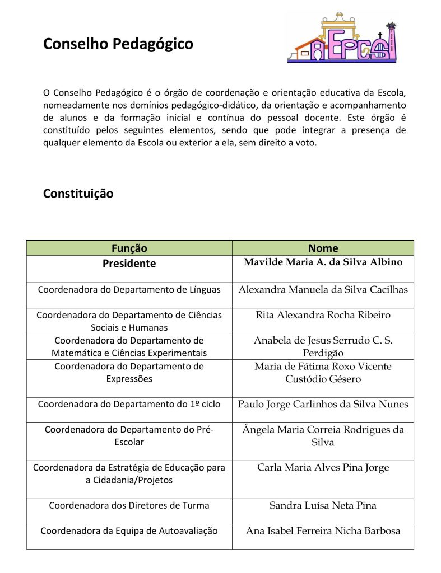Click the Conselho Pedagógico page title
[118, 44]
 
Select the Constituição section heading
[78, 194]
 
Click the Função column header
[129, 248]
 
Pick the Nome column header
[323, 248]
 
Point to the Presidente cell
[129, 263]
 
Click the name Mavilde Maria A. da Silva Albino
[323, 262]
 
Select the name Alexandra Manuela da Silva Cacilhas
[323, 290]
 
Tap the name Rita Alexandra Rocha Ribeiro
[323, 315]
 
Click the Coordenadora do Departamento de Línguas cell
[129, 290]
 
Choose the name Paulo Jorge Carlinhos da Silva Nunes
[323, 404]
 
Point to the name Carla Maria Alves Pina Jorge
[323, 468]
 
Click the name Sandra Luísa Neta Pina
[323, 506]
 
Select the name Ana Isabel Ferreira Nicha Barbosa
[323, 531]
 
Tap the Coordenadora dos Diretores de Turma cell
[129, 506]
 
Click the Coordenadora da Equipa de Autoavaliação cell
[129, 531]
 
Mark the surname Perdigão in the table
[323, 353]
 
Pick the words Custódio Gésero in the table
[323, 379]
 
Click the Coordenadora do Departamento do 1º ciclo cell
[129, 404]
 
